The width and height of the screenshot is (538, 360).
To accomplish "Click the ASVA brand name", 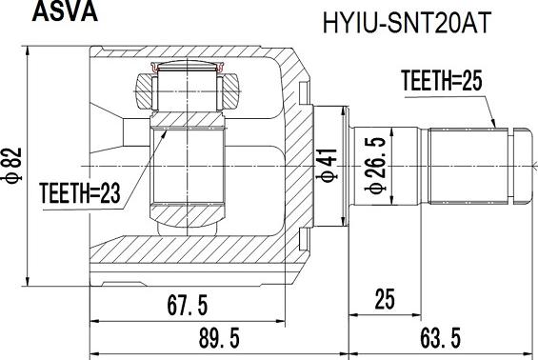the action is coord(65,11).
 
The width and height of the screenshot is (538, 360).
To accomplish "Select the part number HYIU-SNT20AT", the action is coord(407,23).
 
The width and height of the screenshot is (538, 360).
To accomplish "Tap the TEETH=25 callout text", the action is coord(442,80).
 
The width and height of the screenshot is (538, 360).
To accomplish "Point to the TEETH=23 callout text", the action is coord(80,193).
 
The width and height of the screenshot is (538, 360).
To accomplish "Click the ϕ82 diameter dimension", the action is coord(14,165).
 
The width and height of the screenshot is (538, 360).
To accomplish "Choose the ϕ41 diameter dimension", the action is coord(328,165).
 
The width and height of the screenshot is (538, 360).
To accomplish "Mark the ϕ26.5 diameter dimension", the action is coord(376,166).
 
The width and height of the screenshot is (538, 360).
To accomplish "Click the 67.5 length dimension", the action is coord(188,306).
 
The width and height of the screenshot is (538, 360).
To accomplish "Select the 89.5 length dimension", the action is coord(219,338).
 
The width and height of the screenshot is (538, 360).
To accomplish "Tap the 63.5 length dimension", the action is coord(441,338).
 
